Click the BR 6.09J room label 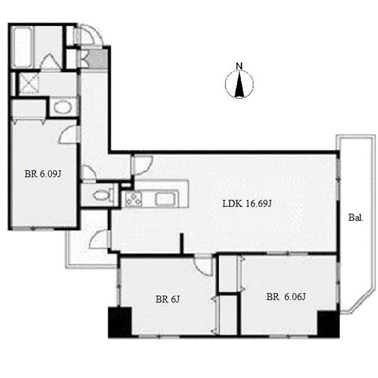pos(43,174)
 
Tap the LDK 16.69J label pos(247,204)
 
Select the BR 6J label pos(168,299)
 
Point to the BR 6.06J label pos(286,297)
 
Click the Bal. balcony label pos(355,218)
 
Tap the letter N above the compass pos(239,66)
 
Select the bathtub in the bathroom pos(22,47)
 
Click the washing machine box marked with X pos(29,83)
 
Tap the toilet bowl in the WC pos(101,195)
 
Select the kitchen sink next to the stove pos(166,199)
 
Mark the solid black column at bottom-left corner pos(120,322)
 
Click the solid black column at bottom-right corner pos(328,324)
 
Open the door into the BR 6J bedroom pos(204,265)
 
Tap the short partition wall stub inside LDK pos(182,244)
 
